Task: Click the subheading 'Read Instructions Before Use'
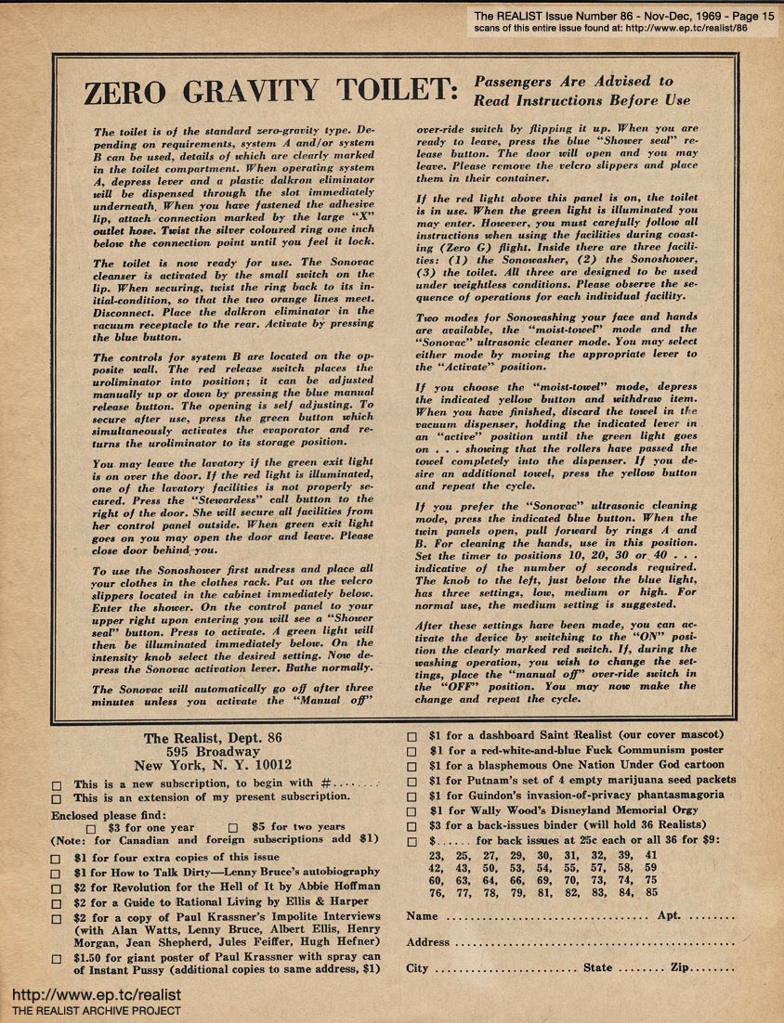[582, 99]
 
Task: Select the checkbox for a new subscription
[57, 784]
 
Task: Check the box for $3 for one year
[91, 827]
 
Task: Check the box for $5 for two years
[233, 827]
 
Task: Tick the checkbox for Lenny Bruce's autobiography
[57, 873]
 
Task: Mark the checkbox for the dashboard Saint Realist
[412, 736]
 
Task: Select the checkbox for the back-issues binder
[412, 825]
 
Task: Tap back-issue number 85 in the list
[650, 893]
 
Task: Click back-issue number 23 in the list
[436, 855]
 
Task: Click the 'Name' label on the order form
[423, 916]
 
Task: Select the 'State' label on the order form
[598, 968]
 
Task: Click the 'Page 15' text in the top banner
[748, 15]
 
